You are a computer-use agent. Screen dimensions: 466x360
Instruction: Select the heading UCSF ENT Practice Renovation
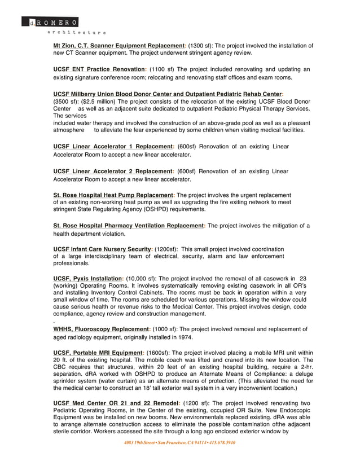(99, 69)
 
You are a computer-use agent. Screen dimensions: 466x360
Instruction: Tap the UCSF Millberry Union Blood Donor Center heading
(168, 94)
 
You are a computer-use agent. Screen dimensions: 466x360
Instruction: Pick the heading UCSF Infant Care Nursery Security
(102, 249)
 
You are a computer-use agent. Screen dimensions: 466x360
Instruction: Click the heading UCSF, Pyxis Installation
(87, 279)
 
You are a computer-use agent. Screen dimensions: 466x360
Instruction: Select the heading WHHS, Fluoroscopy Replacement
(101, 329)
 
